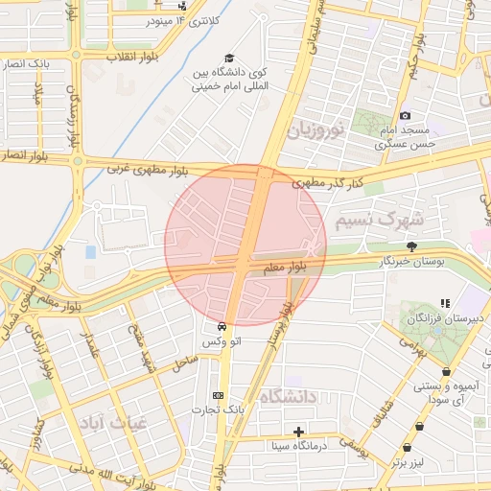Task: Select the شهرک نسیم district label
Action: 378,220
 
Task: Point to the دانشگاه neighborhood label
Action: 287,396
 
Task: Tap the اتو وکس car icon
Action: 222,327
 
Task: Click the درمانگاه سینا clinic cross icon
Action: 300,433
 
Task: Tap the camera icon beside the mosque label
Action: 405,116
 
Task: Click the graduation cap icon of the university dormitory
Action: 228,58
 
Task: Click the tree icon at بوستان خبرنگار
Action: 412,246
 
